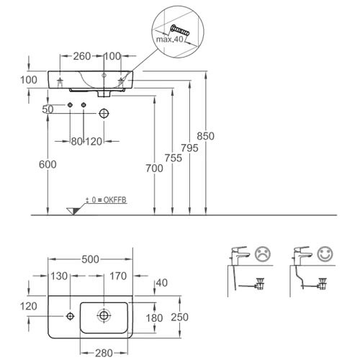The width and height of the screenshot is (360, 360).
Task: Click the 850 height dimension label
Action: pos(205,136)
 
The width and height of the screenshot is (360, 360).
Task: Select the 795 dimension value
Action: pos(189,148)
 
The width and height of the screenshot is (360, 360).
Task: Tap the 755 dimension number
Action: pos(174,158)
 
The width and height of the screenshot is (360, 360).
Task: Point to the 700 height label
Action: pos(154,168)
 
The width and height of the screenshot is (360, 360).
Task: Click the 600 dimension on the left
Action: pos(48,164)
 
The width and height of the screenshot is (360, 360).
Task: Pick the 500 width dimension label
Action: pos(90,259)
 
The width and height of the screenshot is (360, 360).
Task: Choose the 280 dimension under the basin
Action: pos(104,353)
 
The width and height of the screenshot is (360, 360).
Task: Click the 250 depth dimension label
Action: pos(180,318)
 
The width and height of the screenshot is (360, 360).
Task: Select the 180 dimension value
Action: pos(154,318)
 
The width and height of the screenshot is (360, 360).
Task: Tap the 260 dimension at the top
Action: pos(82,56)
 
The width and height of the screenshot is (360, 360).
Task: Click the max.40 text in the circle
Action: pos(170,39)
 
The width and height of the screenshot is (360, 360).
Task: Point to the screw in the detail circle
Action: pos(180,30)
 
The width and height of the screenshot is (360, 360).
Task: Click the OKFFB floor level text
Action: pos(106,200)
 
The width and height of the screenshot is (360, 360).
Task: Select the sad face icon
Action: pos(263,254)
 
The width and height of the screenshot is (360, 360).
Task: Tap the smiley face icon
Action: pos(325,254)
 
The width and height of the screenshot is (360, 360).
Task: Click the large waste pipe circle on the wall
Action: pos(104,114)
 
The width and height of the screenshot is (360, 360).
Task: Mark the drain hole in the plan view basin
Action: pos(104,315)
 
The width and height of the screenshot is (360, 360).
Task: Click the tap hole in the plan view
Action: pos(70,316)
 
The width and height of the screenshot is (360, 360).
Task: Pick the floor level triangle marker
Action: pos(73,211)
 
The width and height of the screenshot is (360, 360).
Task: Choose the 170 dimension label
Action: pos(118,276)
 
